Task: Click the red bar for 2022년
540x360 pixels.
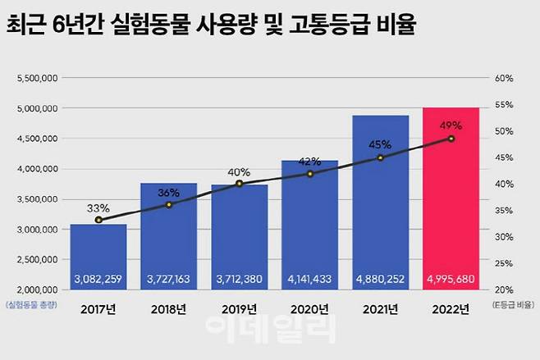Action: (451, 205)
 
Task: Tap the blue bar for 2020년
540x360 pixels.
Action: (309, 221)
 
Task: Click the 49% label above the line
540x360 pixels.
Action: (451, 125)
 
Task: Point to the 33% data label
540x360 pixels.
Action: (98, 207)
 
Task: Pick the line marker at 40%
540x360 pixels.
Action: (239, 184)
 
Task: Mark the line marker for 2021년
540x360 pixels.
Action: (380, 157)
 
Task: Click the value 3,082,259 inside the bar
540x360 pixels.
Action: (98, 279)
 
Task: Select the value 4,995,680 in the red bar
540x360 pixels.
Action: (451, 279)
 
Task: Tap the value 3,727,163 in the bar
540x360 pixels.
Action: (168, 279)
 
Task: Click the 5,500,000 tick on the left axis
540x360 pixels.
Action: (36, 78)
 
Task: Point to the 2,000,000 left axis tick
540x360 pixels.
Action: (36, 289)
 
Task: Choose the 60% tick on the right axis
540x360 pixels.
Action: (504, 78)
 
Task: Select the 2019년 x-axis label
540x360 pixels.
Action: (239, 309)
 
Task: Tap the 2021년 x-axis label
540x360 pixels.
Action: (380, 309)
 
